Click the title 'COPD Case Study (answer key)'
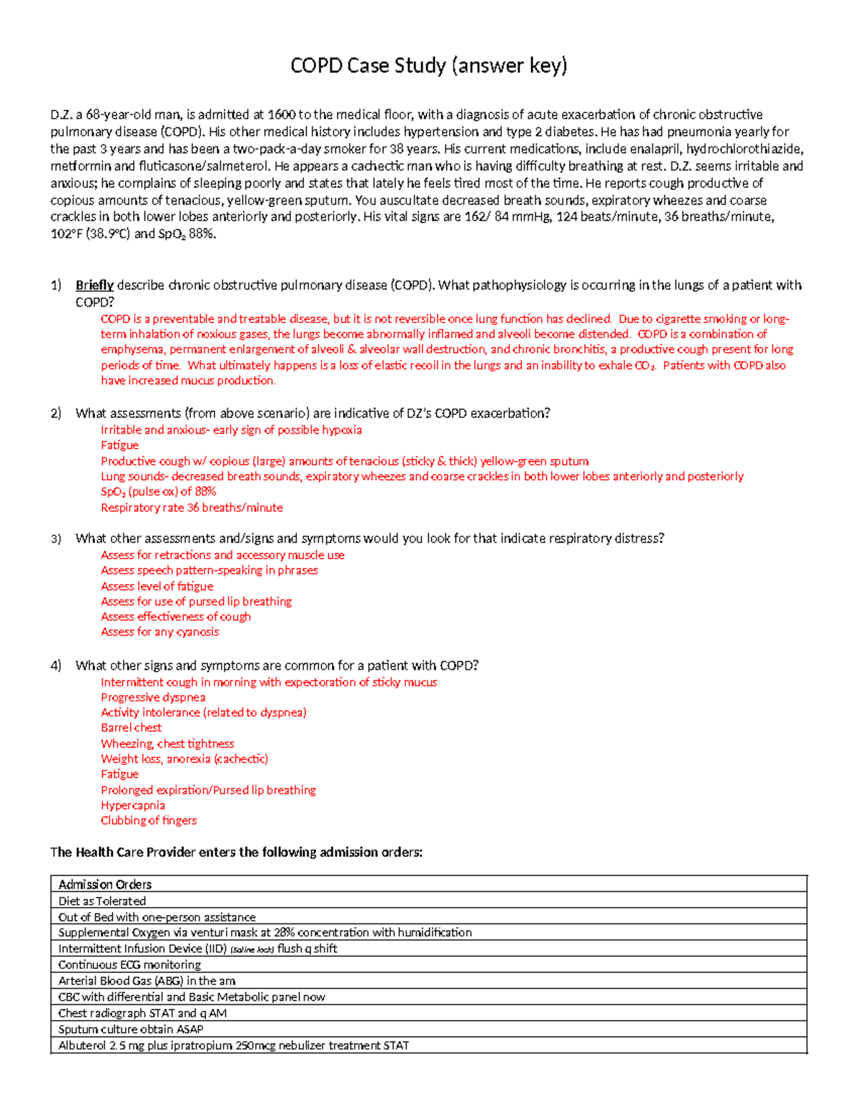(x=428, y=66)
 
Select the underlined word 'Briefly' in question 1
(x=94, y=285)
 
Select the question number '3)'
(x=56, y=538)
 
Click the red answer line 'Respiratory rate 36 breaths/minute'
(x=192, y=507)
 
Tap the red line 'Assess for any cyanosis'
(x=159, y=632)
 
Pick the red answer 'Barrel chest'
(x=131, y=728)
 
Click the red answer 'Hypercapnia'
(x=132, y=805)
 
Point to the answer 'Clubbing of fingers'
(x=149, y=821)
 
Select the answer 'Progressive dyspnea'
(x=153, y=697)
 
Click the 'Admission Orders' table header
(x=105, y=884)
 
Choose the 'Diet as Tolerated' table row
(x=102, y=901)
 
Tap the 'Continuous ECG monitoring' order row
(x=129, y=965)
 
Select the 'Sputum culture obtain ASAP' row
(x=131, y=1029)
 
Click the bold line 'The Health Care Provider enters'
(x=236, y=852)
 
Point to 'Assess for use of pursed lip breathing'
(x=196, y=601)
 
